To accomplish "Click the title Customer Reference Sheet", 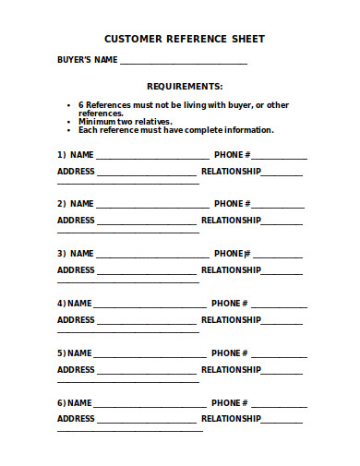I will (185, 39).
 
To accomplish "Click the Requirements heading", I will (185, 86).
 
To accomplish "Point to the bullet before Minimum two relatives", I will (69, 122).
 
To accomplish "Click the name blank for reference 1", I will (152, 157).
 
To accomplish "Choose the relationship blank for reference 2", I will (282, 222).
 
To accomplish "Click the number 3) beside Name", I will (62, 253).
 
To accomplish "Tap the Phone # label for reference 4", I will (229, 303).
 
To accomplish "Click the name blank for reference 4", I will (150, 305).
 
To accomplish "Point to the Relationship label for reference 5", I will (231, 369).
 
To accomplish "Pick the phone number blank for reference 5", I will (279, 355).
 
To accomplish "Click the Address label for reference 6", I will (76, 418).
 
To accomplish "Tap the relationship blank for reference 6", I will (282, 421).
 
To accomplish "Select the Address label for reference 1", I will (76, 171).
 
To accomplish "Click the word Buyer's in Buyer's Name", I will (74, 60).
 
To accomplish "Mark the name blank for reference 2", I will (152, 206).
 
